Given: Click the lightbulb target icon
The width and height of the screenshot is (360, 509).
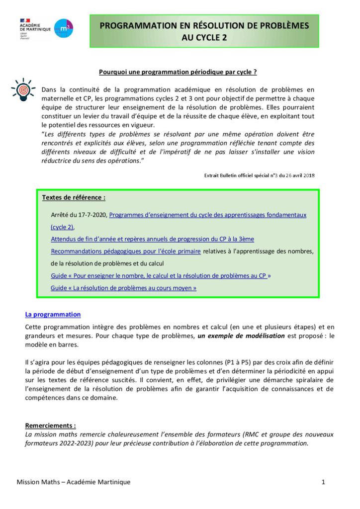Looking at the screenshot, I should tap(23, 90).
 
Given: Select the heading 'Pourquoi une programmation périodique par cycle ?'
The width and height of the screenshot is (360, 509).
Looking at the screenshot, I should tap(178, 72).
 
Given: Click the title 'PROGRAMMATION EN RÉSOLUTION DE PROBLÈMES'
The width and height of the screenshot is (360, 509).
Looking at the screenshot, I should tap(204, 25).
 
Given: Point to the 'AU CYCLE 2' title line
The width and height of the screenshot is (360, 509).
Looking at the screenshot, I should tap(204, 37).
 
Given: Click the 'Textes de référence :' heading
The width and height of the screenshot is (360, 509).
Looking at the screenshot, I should tap(74, 197).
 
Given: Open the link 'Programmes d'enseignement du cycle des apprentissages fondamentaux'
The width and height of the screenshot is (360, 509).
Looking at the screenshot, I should tap(207, 215).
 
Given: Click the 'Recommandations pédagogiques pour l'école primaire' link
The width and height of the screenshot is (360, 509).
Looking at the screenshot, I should tap(125, 252).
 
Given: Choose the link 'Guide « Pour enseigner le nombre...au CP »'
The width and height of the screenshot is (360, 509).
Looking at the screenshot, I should tap(160, 275).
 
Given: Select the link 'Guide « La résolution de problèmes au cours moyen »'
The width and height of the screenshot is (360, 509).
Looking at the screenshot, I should tap(123, 288).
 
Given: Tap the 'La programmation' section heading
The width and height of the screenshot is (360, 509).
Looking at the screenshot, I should tap(53, 315).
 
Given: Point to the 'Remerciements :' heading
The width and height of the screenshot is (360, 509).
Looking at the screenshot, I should tap(50, 425).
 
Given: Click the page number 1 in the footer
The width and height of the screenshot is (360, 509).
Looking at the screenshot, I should tap(323, 482).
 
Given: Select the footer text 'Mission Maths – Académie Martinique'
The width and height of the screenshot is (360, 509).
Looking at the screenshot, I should tap(73, 482).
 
